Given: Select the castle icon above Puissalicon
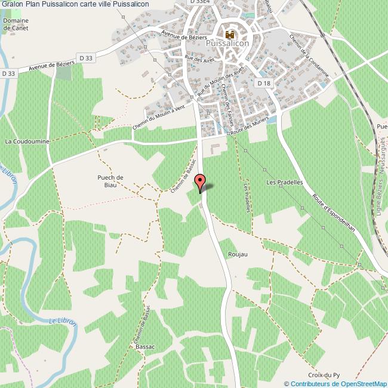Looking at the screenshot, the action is (230, 34).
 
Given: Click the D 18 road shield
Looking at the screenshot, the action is (264, 83).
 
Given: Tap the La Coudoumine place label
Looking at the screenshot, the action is (26, 141).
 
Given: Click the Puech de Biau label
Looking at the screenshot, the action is (110, 181).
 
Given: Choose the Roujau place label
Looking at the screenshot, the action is (238, 254).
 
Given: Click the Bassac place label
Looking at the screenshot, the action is (145, 347).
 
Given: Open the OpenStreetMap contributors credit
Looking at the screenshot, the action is (335, 383).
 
